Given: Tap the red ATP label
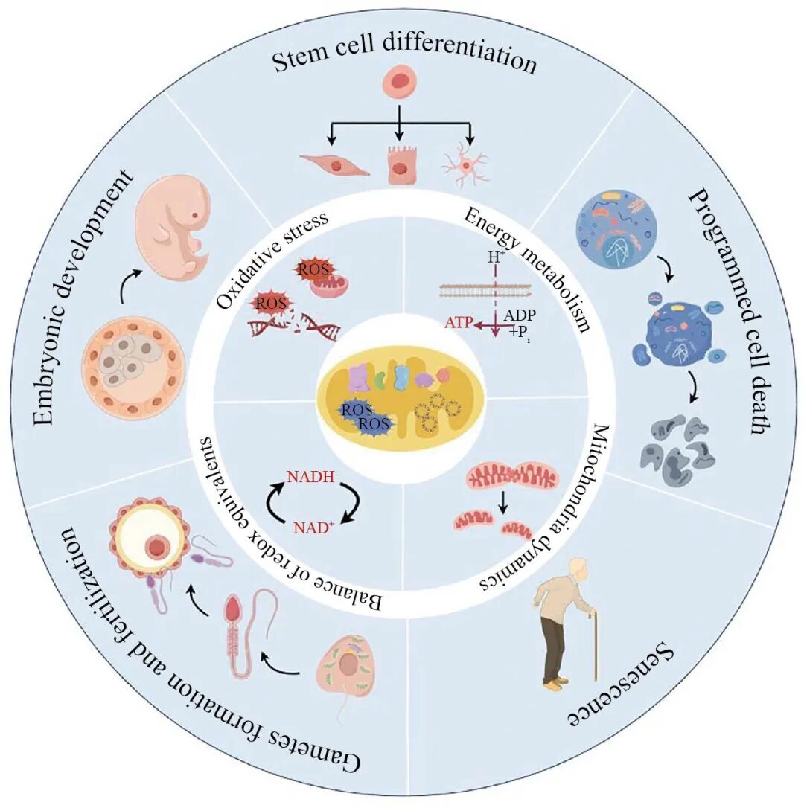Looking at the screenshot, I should [x=459, y=322].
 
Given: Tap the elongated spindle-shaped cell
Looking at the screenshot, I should [x=334, y=164].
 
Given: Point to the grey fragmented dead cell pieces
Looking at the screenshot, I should [x=676, y=447].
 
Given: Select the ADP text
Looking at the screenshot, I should [x=519, y=315].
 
